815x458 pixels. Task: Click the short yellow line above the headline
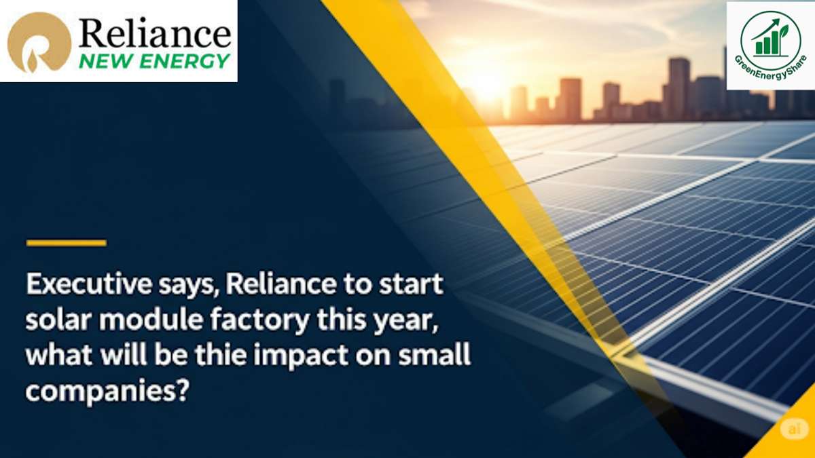[67, 243]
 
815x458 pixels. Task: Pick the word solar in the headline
[54, 320]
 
